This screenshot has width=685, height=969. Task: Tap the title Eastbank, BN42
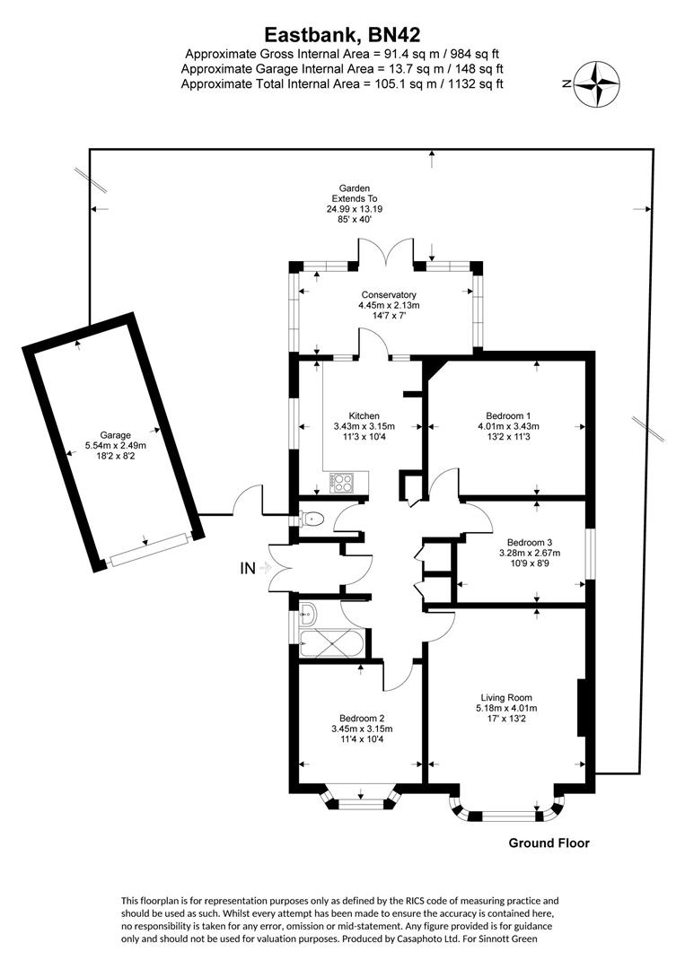342,34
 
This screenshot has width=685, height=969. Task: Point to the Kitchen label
364,415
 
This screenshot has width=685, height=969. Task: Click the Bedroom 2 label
362,717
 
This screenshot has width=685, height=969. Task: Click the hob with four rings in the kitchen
343,484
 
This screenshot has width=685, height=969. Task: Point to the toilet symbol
312,518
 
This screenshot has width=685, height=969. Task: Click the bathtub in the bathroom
332,644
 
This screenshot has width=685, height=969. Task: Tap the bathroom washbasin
308,615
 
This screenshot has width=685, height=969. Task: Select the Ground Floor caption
549,842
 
